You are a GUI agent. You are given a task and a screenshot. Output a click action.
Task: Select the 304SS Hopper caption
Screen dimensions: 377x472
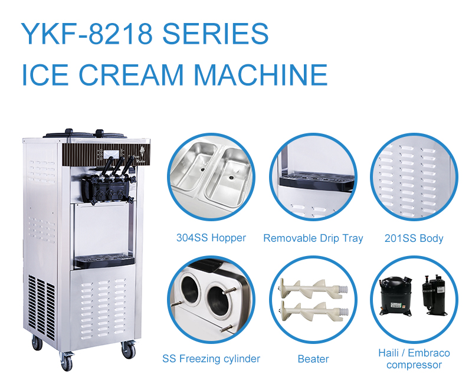[x=211, y=238]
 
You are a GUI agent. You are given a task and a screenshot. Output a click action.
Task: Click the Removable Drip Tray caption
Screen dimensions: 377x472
[x=313, y=238]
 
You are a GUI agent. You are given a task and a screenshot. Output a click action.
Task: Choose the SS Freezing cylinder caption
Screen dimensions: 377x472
[x=211, y=358]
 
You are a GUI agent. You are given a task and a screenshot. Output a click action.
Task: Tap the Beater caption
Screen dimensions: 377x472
[x=313, y=358]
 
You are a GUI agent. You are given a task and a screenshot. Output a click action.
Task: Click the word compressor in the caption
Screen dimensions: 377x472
[x=414, y=365]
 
